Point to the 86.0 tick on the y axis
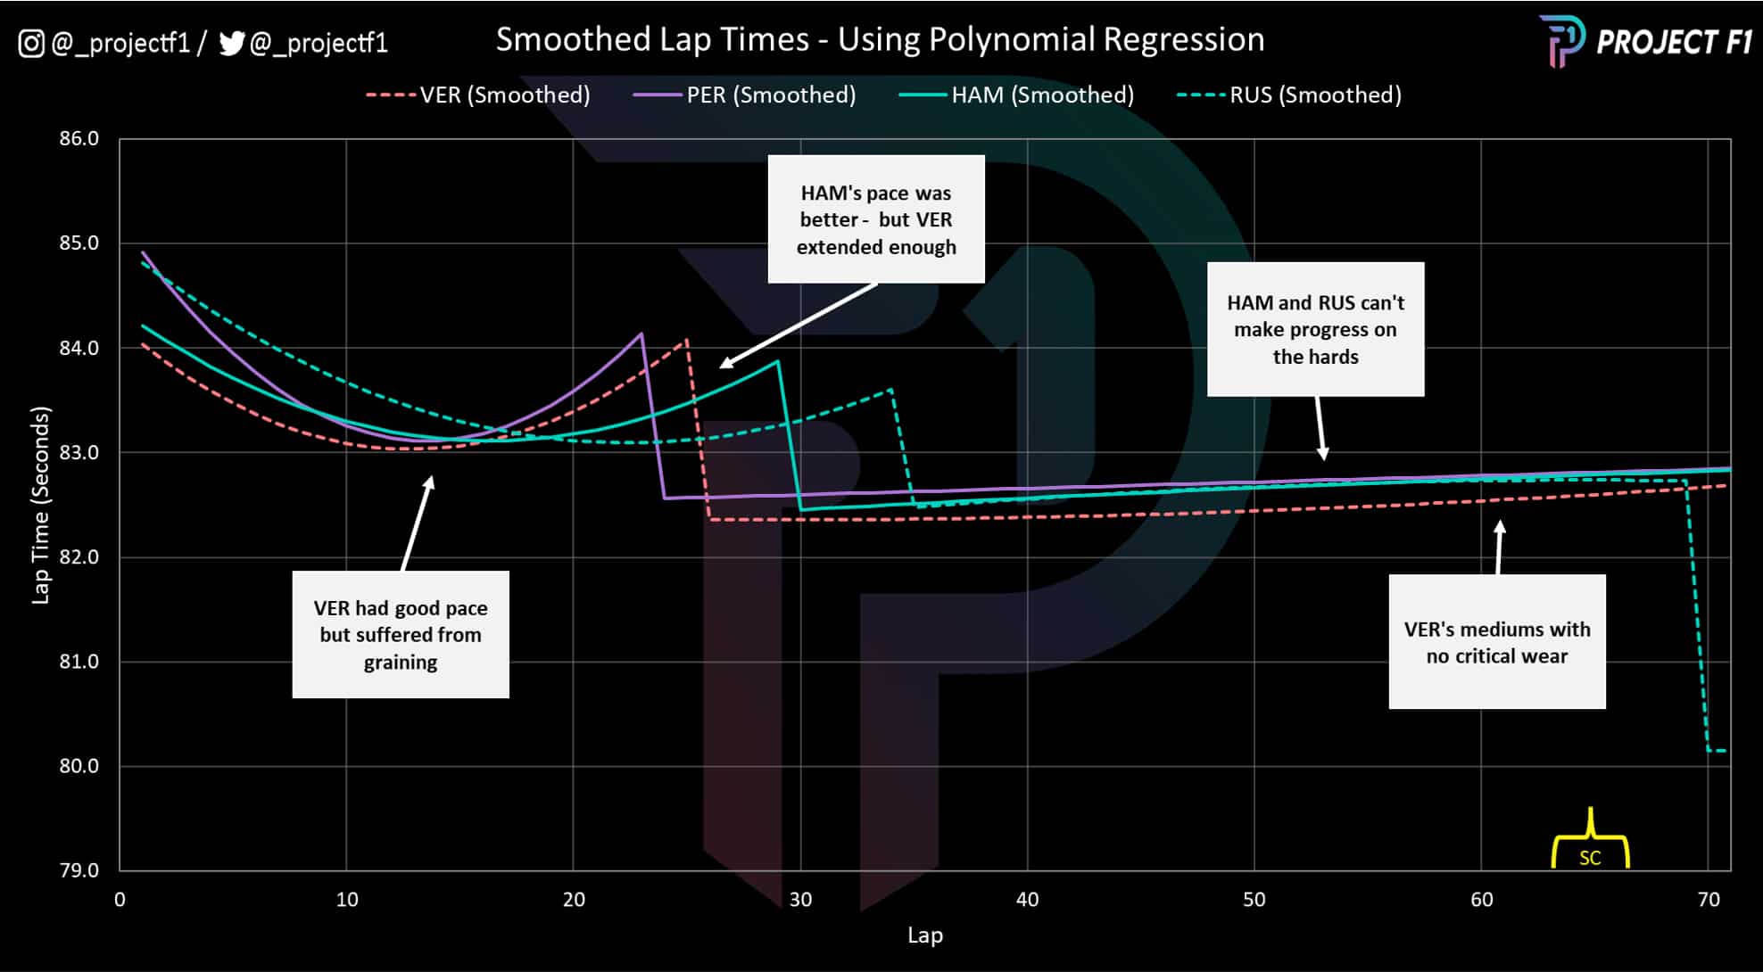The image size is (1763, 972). pos(79,138)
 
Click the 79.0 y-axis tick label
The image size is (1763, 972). pos(79,869)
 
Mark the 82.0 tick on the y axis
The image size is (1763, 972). pos(79,556)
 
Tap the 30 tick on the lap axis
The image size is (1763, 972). pos(800,899)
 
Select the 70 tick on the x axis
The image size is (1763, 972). pos(1708,899)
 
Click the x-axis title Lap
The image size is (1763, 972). pos(924,935)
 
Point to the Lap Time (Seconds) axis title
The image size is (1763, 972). pos(40,505)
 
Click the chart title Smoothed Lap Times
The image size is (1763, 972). pos(880,39)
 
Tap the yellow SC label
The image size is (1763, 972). pos(1590,858)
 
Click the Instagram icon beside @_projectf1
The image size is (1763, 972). pos(31,43)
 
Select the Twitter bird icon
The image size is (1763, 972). pos(231,43)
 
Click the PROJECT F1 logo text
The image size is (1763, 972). pos(1674,42)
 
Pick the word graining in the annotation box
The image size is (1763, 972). pos(401,662)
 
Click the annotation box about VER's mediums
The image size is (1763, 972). pos(1496,642)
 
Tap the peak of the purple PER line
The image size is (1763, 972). pos(641,334)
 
